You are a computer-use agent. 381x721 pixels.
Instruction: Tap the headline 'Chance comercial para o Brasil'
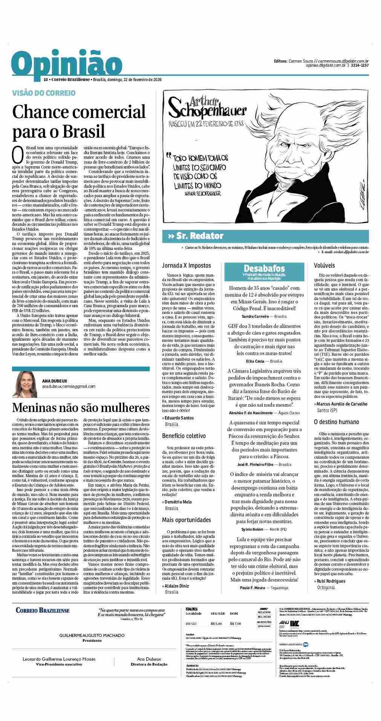(x=79, y=121)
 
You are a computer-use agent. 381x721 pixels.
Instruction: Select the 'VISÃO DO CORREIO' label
(x=38, y=92)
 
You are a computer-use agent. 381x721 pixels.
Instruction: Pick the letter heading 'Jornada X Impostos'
(x=187, y=266)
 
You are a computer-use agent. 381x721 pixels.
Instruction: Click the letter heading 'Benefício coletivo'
(x=184, y=436)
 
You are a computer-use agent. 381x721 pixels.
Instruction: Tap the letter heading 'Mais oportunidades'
(x=187, y=520)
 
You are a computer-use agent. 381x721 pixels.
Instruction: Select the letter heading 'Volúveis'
(x=324, y=266)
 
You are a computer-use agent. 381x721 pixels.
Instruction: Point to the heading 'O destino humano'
(x=337, y=422)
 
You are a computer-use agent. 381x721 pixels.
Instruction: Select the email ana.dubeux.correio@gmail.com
(x=69, y=386)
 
